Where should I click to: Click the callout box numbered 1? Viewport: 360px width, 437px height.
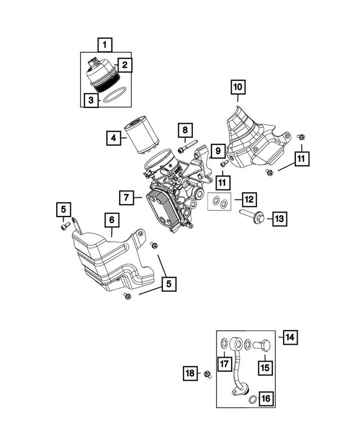pyautogui.click(x=105, y=44)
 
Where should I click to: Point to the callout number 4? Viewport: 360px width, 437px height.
pyautogui.click(x=114, y=138)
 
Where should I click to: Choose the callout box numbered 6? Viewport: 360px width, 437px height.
pyautogui.click(x=112, y=220)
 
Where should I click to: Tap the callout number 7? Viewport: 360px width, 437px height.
pyautogui.click(x=127, y=197)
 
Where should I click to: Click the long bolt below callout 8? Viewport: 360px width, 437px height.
pyautogui.click(x=188, y=146)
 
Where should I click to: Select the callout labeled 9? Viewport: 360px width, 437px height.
pyautogui.click(x=218, y=151)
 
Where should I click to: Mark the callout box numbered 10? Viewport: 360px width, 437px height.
pyautogui.click(x=238, y=87)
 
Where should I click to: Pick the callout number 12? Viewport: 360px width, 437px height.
pyautogui.click(x=249, y=199)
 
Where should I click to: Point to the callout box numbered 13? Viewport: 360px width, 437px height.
pyautogui.click(x=280, y=219)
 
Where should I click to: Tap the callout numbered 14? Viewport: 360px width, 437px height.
pyautogui.click(x=290, y=337)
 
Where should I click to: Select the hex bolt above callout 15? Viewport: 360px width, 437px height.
pyautogui.click(x=262, y=345)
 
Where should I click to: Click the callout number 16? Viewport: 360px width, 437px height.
pyautogui.click(x=266, y=398)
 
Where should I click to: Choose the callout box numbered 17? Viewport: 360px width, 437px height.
pyautogui.click(x=224, y=363)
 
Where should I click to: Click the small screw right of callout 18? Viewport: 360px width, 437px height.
pyautogui.click(x=208, y=375)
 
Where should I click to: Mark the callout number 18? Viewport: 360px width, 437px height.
pyautogui.click(x=190, y=373)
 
